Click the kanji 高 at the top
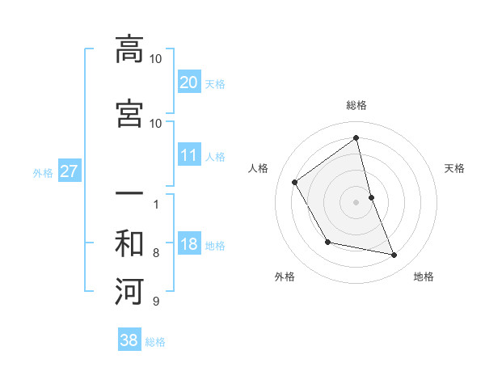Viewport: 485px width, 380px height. tap(129, 49)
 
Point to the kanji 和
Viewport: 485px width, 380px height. tap(129, 243)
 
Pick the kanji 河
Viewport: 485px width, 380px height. tap(129, 290)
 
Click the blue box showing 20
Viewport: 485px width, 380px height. tap(188, 82)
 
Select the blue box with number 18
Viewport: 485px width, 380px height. tap(188, 244)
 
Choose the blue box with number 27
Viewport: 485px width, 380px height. tap(69, 171)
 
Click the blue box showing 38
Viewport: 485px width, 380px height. tap(129, 340)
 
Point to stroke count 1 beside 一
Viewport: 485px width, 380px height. tap(155, 205)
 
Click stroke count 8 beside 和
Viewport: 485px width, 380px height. tap(155, 253)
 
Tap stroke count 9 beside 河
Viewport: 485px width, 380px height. tap(155, 302)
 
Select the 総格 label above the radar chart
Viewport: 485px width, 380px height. tap(356, 105)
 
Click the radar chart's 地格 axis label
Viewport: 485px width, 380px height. tap(424, 277)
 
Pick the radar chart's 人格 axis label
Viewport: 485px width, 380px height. tap(259, 168)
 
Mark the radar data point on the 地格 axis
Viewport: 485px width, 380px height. tap(394, 255)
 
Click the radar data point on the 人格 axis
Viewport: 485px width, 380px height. tap(295, 182)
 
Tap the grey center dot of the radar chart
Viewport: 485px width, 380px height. tap(356, 201)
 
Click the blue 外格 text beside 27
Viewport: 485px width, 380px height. tap(43, 172)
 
